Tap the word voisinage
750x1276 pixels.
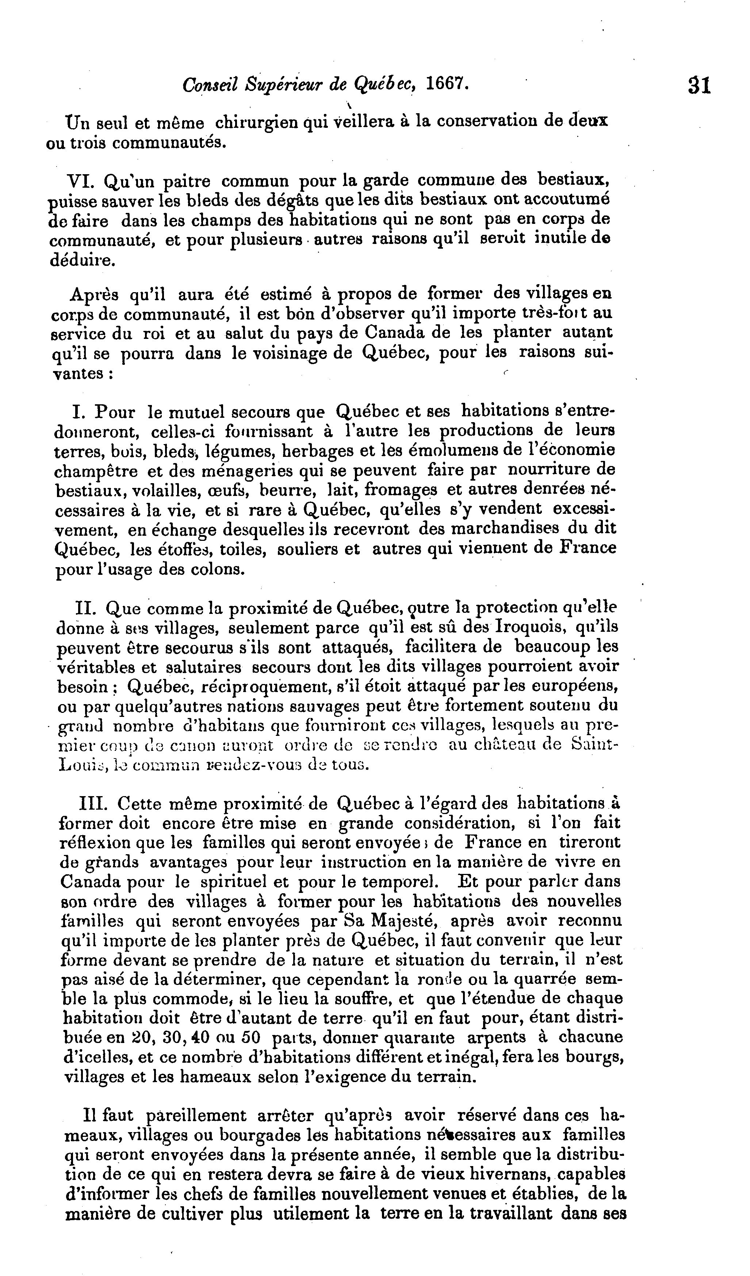(x=287, y=353)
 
